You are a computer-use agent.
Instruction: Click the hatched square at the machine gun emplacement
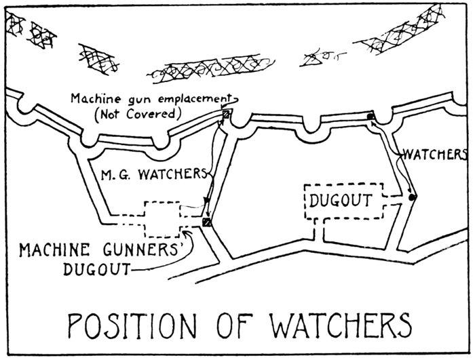click(227, 117)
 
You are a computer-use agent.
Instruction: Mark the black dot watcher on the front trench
click(370, 117)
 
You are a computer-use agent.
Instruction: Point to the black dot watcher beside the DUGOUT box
click(412, 197)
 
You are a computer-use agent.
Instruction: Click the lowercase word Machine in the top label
click(94, 99)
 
